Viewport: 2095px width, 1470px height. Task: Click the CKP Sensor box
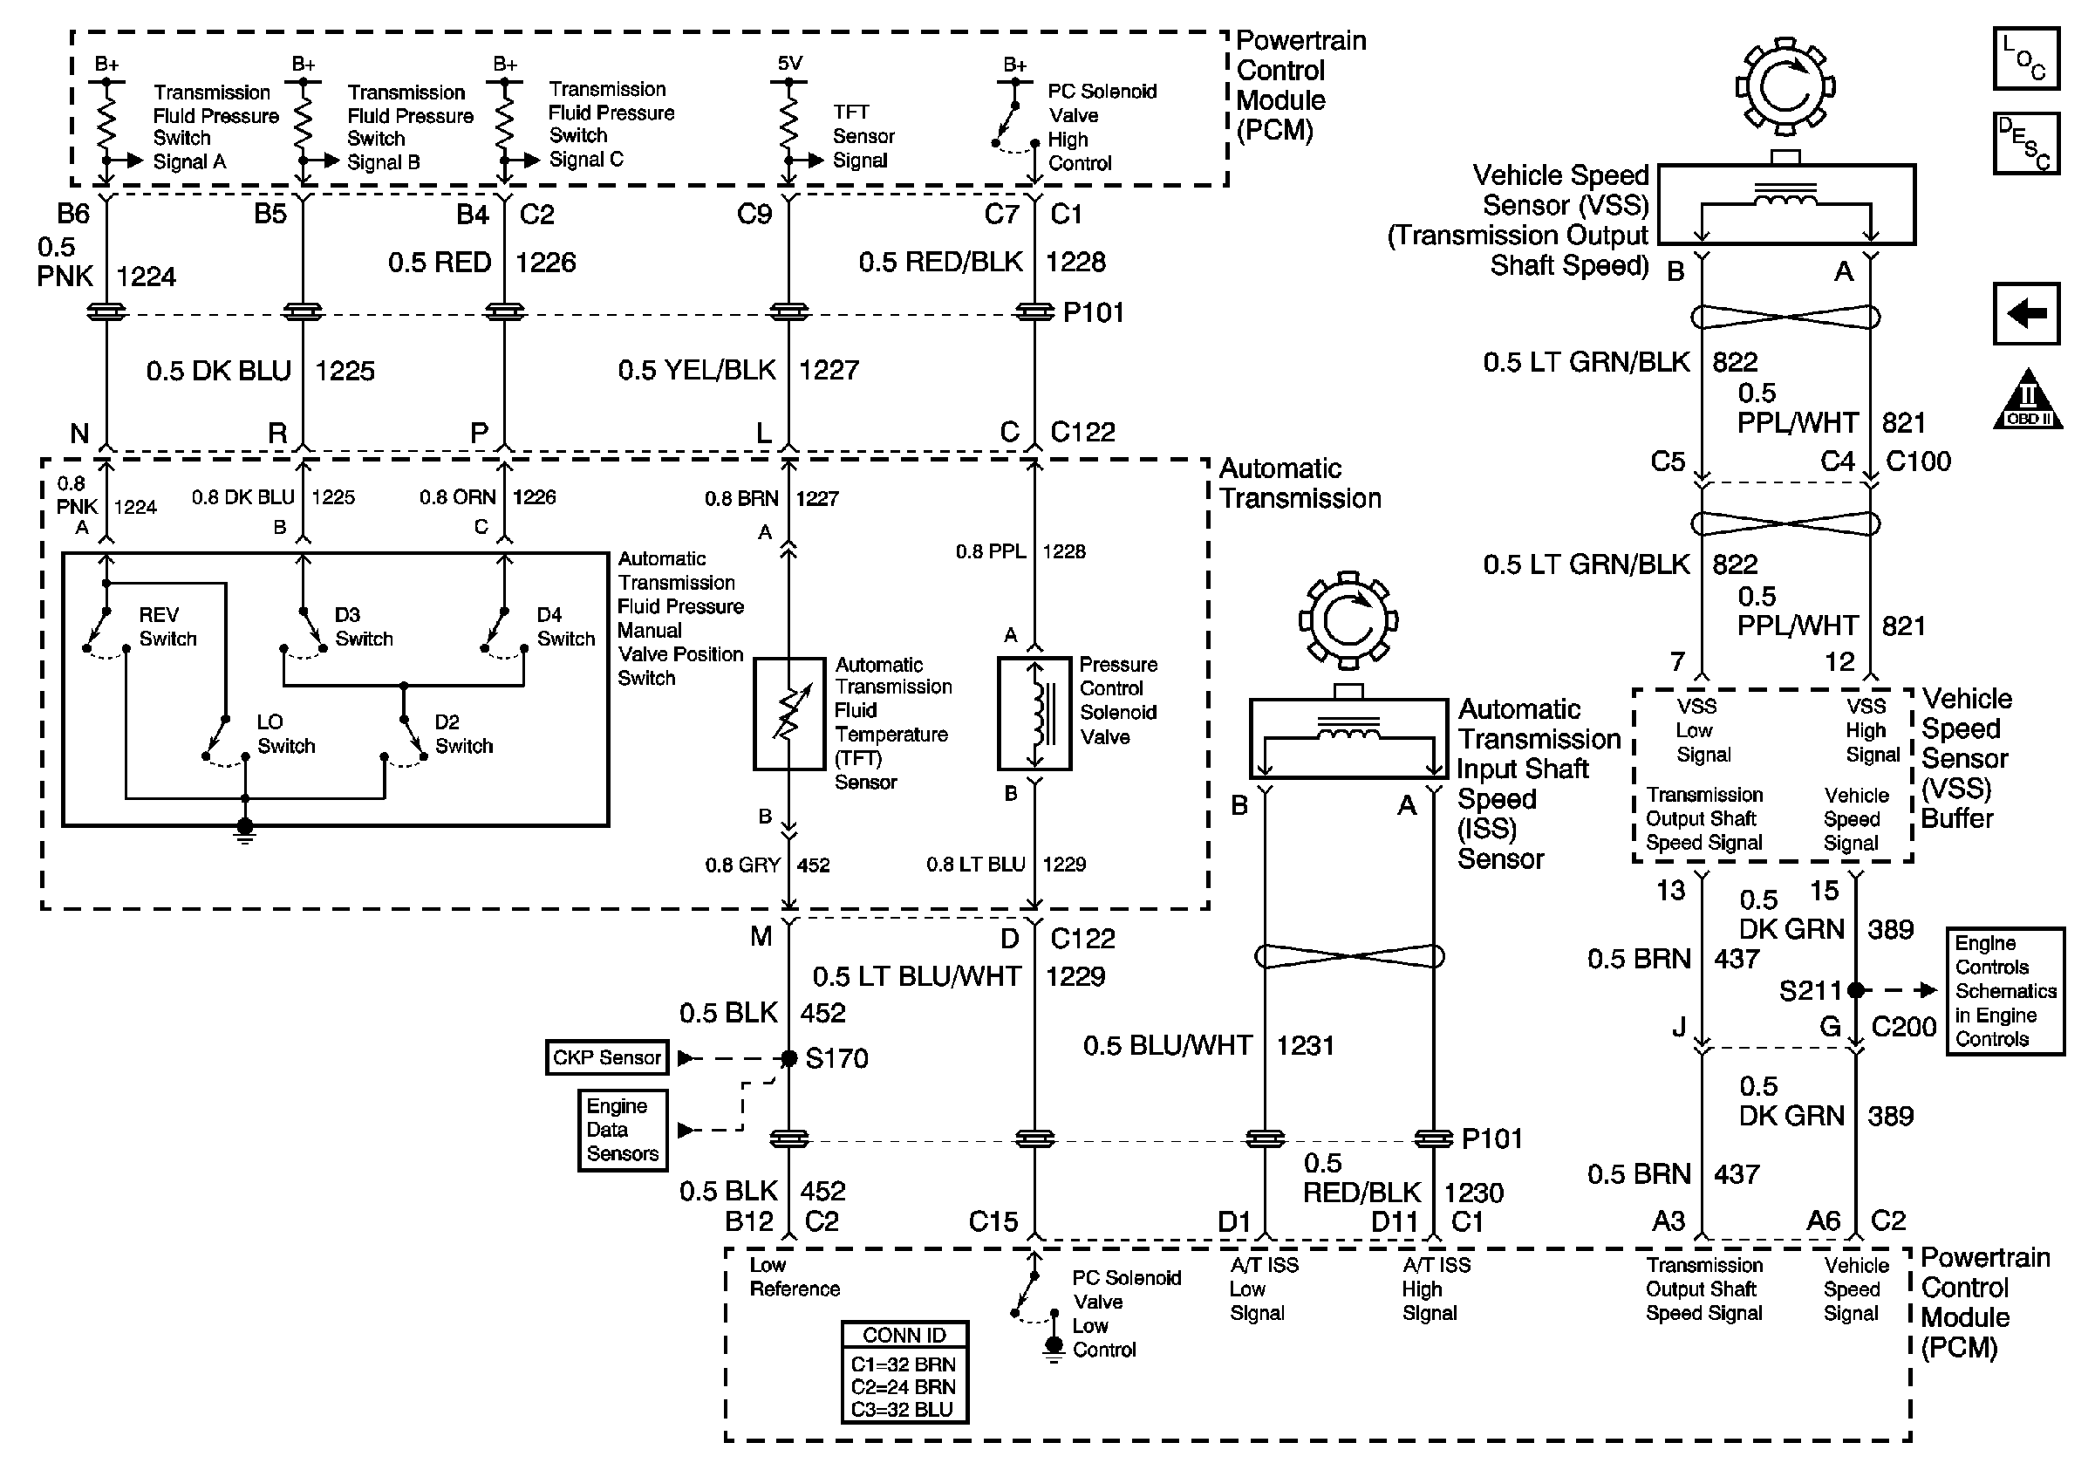(607, 1057)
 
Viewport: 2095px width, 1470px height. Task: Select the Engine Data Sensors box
(624, 1130)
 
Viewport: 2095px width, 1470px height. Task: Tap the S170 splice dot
(789, 1058)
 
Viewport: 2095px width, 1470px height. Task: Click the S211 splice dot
(1855, 990)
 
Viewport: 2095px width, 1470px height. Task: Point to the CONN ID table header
(904, 1335)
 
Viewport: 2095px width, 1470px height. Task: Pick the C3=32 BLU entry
(902, 1410)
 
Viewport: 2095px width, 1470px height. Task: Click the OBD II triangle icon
(2028, 399)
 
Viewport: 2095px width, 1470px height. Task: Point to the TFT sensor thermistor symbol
(789, 714)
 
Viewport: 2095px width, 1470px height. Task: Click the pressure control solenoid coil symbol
(1034, 714)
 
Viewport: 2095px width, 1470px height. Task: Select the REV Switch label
(167, 627)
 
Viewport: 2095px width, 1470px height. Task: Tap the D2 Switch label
(463, 734)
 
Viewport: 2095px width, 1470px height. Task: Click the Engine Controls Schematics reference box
(2005, 991)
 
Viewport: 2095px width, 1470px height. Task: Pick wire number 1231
(1305, 1046)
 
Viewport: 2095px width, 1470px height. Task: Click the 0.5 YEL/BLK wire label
(697, 371)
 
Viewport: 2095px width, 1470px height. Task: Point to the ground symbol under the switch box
(244, 831)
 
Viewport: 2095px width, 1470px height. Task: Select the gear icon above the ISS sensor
(1348, 620)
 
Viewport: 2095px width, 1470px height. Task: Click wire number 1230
(1474, 1193)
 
